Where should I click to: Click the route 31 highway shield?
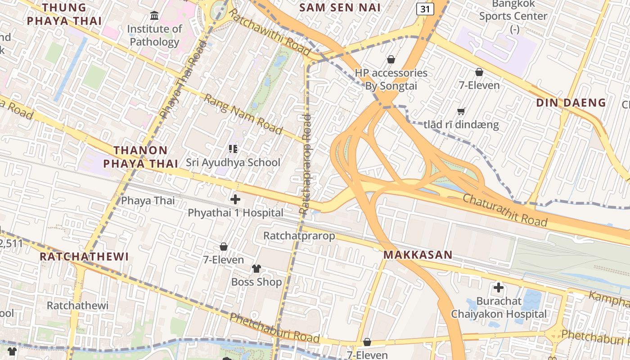point(425,9)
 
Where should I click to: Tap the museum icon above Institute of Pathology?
point(154,16)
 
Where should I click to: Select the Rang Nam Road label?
point(243,114)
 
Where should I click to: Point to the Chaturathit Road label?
point(505,210)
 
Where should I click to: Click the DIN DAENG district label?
point(571,103)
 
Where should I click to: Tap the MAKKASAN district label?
point(418,255)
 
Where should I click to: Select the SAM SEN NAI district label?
point(340,7)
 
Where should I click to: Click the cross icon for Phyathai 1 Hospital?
point(235,199)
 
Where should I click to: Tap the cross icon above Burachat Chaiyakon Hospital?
point(498,287)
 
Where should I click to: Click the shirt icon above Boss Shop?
point(256,269)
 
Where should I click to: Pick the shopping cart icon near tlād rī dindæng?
point(461,111)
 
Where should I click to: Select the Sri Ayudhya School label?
point(233,162)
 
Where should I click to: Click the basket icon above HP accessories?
point(391,59)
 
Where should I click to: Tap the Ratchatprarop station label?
point(299,236)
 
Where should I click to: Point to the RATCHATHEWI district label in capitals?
point(84,256)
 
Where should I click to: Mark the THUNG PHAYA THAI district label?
point(64,14)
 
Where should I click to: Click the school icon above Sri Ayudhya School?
point(233,148)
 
